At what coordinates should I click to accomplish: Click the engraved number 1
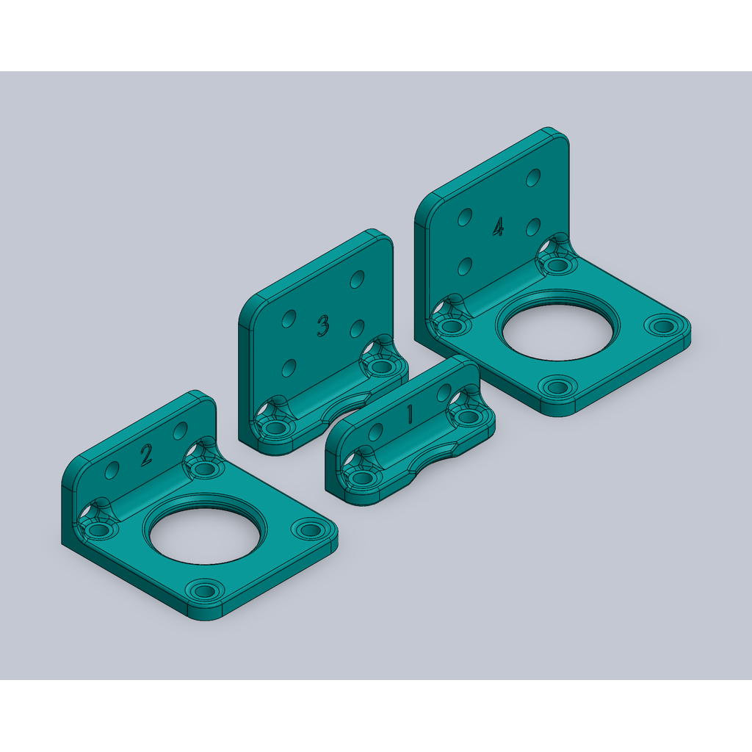pyautogui.click(x=410, y=414)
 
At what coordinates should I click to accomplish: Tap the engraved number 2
pyautogui.click(x=146, y=455)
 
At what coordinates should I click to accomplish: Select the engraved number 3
pyautogui.click(x=324, y=325)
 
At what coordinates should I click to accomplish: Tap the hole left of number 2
pyautogui.click(x=112, y=470)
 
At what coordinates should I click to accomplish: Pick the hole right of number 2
pyautogui.click(x=181, y=430)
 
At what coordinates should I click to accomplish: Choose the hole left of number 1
pyautogui.click(x=375, y=432)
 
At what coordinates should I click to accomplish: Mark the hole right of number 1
pyautogui.click(x=444, y=393)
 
